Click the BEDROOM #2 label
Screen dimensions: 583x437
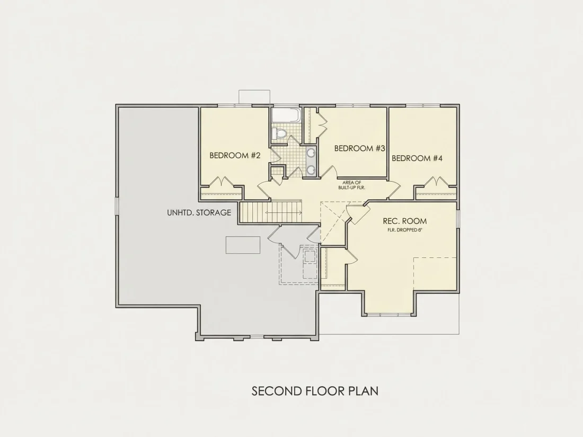(235, 155)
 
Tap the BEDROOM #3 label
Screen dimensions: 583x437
(359, 148)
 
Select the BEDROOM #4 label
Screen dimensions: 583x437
(417, 158)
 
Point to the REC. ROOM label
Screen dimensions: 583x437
(405, 221)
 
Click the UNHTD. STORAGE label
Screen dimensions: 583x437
(199, 213)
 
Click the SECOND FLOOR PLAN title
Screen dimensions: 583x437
(315, 391)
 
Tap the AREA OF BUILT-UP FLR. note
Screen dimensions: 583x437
(352, 185)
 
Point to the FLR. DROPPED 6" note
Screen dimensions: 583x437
(405, 230)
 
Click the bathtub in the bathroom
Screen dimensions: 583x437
(285, 115)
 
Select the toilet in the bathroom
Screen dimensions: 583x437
(279, 133)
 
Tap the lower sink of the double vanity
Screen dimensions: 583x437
(311, 169)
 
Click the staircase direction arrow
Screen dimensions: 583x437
(284, 213)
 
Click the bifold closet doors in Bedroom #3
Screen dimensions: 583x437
(322, 124)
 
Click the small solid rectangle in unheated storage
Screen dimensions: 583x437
(243, 245)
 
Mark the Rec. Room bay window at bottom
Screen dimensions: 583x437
(390, 315)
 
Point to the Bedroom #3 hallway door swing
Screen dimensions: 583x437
(329, 172)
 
